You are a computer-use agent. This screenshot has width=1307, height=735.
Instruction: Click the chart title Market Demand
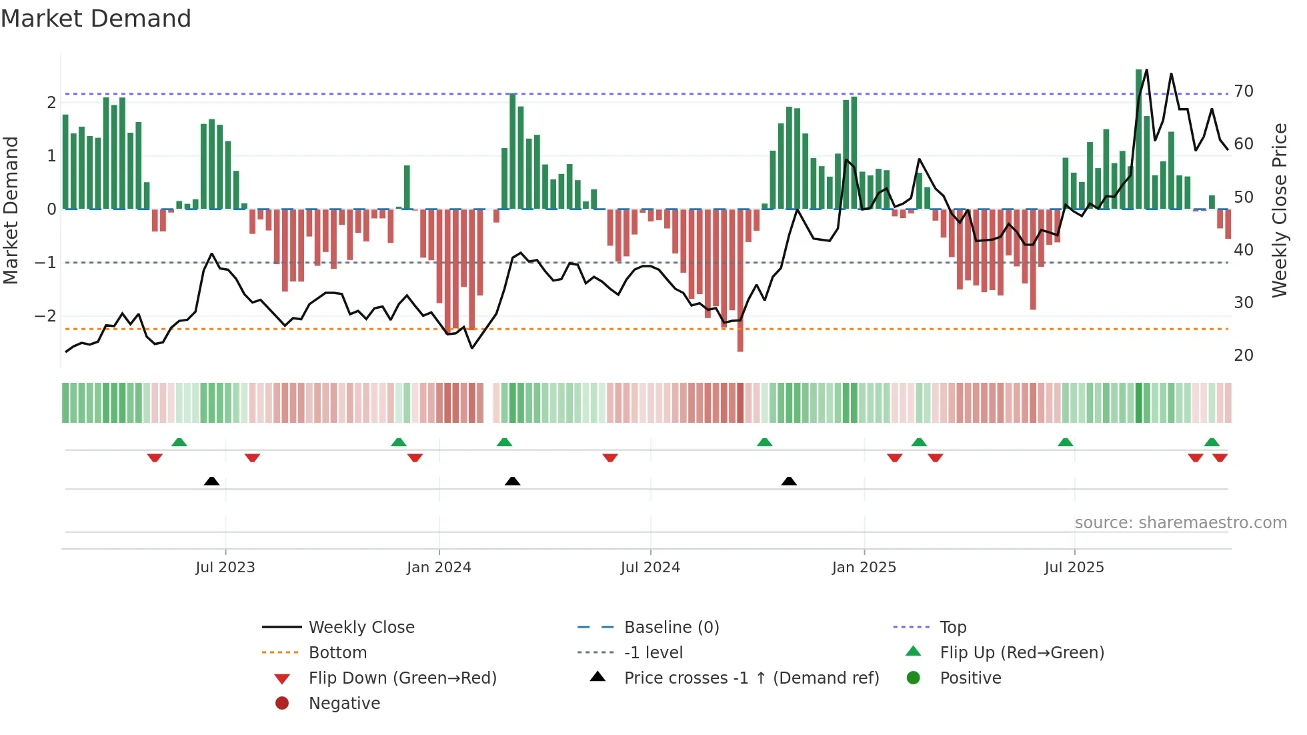(96, 19)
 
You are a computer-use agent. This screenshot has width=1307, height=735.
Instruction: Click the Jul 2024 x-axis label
(650, 568)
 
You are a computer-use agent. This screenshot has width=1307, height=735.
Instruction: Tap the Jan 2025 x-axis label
(864, 568)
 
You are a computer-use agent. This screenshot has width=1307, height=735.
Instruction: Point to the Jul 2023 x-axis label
(225, 568)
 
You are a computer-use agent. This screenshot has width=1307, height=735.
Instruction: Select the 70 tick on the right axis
(1244, 91)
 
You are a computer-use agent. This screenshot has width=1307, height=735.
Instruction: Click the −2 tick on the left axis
(47, 316)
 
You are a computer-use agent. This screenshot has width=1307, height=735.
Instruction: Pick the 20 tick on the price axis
(1244, 355)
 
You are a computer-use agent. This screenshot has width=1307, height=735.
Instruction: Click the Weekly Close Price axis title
(1280, 210)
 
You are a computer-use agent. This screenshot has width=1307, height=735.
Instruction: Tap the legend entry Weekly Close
(361, 628)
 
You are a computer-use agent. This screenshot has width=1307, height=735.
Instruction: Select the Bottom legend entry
(337, 653)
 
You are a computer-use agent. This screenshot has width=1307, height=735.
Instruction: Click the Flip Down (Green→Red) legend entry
(402, 678)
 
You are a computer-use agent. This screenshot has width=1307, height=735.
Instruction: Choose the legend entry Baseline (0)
(671, 628)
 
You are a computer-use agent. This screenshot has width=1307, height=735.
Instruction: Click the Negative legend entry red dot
(282, 704)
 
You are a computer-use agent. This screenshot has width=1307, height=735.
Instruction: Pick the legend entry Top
(952, 628)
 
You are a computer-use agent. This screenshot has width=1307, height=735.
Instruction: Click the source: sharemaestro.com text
(1180, 523)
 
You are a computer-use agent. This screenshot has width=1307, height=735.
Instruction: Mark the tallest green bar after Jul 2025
(1139, 140)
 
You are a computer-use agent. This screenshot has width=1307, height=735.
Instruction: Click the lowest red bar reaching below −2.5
(740, 280)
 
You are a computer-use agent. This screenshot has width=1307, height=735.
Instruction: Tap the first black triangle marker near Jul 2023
(211, 481)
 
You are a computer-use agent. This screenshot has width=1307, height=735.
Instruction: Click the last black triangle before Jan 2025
(789, 481)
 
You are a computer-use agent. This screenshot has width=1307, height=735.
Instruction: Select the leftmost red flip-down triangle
(155, 458)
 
